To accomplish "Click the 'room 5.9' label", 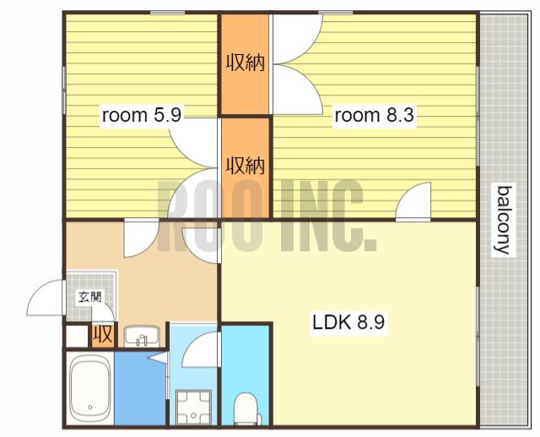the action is [142, 115].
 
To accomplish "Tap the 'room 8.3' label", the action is [374, 115].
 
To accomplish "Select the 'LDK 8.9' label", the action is [348, 323].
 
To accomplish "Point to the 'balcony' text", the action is [503, 220].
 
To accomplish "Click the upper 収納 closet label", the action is [246, 63].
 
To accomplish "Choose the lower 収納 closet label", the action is [246, 166].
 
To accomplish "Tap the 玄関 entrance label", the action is [90, 297].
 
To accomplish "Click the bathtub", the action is [90, 387].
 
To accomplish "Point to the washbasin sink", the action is [142, 336].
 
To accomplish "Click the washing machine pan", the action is [193, 407].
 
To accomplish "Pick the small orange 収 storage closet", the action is [103, 334].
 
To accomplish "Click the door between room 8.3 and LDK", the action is [413, 202].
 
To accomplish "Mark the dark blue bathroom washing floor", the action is [140, 388].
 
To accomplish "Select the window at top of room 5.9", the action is [167, 13].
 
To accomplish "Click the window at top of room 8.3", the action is [336, 13].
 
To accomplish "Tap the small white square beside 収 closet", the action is [77, 336].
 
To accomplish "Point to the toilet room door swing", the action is [200, 349].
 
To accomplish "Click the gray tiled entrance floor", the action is [90, 296].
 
